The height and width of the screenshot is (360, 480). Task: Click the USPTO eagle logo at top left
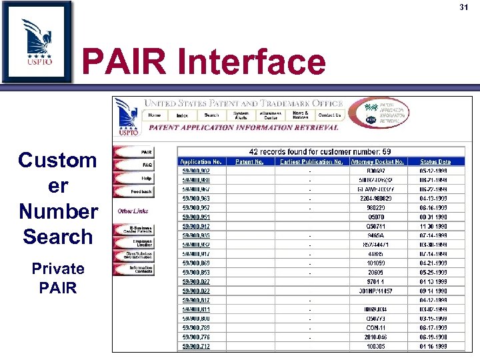[37, 41]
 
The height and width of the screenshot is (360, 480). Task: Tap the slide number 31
[465, 7]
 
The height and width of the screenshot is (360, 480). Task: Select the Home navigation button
[154, 115]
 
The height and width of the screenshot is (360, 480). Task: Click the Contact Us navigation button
[329, 115]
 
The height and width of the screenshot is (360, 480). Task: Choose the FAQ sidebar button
[135, 165]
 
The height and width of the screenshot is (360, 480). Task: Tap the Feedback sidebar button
[135, 191]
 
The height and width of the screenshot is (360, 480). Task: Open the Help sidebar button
[135, 178]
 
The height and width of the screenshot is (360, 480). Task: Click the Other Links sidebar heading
[133, 211]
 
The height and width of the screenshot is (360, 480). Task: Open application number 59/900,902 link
[197, 170]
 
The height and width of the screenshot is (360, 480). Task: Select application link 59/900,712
[197, 346]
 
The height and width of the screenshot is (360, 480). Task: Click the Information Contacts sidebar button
[135, 269]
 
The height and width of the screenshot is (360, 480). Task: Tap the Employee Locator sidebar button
[135, 243]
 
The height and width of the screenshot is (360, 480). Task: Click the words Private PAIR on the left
[58, 278]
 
